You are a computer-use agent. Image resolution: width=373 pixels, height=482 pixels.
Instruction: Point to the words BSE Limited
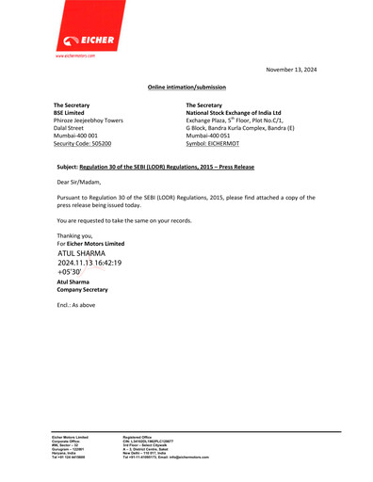(73, 113)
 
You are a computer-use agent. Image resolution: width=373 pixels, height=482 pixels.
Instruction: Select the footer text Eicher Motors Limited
(69, 437)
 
